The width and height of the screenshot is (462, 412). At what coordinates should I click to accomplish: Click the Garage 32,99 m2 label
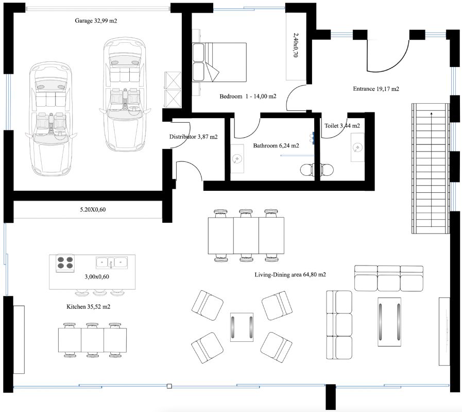point(96,21)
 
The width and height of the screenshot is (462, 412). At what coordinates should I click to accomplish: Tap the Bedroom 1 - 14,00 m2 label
point(248,96)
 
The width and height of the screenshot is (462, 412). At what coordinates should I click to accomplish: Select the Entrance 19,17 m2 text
point(376,89)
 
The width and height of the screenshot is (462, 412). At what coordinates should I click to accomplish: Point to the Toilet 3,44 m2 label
point(342,126)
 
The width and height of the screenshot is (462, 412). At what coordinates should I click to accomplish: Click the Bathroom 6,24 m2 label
point(276,145)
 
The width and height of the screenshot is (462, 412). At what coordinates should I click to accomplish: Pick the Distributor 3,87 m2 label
point(193,137)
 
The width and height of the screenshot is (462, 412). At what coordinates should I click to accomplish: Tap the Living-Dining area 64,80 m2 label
point(290,274)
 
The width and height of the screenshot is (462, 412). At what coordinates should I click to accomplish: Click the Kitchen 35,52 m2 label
point(89,307)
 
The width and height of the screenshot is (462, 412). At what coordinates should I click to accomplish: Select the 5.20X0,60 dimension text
point(93,210)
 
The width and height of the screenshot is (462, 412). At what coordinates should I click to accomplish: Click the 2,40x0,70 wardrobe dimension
point(296,45)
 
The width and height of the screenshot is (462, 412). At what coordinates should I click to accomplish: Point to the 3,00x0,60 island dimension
point(97,276)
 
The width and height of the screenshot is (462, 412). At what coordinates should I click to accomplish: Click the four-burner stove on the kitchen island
point(65,263)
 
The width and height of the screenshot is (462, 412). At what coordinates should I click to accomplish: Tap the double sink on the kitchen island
point(112,262)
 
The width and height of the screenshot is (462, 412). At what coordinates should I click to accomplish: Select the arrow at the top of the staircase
point(432,113)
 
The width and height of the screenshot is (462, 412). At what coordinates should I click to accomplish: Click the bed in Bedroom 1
point(219,62)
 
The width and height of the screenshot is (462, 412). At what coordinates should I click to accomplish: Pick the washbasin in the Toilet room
point(357,147)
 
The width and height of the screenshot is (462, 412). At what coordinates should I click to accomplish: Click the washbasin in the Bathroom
point(237,159)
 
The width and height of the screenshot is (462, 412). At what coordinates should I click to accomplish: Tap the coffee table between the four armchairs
point(242,327)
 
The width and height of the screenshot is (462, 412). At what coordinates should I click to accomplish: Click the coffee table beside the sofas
point(389,322)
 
